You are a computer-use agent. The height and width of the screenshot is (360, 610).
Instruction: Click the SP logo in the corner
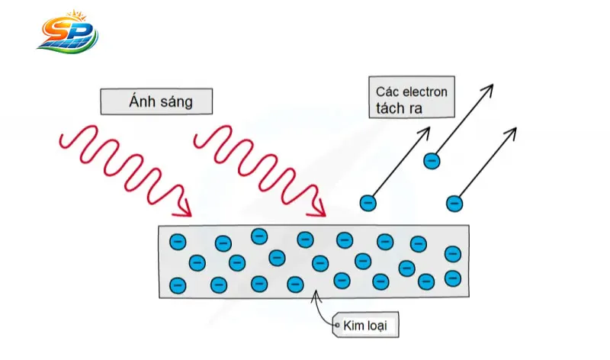click(x=67, y=32)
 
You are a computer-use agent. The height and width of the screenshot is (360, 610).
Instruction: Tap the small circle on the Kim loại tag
click(x=336, y=326)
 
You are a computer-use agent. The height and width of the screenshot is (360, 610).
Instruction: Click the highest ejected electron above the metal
click(x=432, y=161)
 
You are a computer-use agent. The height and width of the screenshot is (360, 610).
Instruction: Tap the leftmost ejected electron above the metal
click(x=368, y=202)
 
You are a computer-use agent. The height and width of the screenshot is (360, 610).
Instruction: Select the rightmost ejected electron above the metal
click(x=454, y=203)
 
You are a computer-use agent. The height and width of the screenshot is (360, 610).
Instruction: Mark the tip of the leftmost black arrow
click(x=429, y=128)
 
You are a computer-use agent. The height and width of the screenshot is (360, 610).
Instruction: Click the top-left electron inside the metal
click(x=177, y=241)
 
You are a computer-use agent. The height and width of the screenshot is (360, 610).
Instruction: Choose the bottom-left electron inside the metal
click(x=178, y=285)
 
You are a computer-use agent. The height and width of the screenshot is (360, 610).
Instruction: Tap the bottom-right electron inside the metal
click(x=453, y=278)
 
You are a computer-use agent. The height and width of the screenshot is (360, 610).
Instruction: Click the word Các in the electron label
click(x=387, y=92)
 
